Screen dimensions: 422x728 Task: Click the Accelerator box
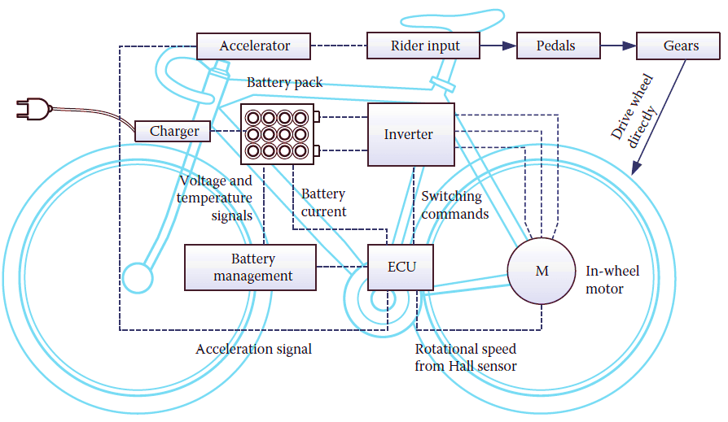pyautogui.click(x=254, y=46)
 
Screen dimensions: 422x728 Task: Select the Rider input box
pyautogui.click(x=423, y=46)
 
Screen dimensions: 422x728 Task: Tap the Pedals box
pyautogui.click(x=555, y=46)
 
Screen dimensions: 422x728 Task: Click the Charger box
pyautogui.click(x=174, y=131)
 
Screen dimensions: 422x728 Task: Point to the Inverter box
pyautogui.click(x=410, y=134)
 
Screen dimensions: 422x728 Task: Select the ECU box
pyautogui.click(x=400, y=266)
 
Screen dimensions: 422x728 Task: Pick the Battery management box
pyautogui.click(x=250, y=268)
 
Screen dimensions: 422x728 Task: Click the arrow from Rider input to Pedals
pyautogui.click(x=498, y=46)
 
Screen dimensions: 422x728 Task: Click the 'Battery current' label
pyautogui.click(x=323, y=203)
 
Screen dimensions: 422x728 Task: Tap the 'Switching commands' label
pyautogui.click(x=454, y=205)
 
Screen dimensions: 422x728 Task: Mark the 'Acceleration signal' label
pyautogui.click(x=253, y=350)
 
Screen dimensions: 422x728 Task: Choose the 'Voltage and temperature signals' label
pyautogui.click(x=216, y=198)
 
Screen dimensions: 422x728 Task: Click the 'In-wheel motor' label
pyautogui.click(x=612, y=279)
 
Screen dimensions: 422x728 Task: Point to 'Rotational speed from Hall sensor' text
pyautogui.click(x=465, y=358)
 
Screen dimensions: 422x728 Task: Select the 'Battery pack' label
pyautogui.click(x=284, y=82)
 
